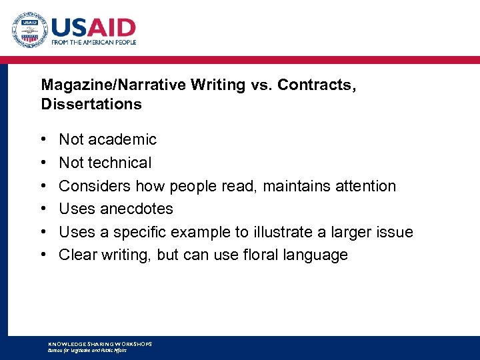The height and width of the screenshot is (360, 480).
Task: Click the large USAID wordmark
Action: click(93, 27)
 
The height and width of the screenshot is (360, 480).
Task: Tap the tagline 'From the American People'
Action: click(93, 42)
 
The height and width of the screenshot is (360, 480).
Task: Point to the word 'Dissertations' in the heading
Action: click(91, 105)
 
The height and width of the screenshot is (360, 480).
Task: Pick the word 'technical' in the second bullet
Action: click(121, 163)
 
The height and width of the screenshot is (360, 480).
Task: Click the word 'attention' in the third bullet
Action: click(363, 186)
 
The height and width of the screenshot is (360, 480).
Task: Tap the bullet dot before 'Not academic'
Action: click(43, 140)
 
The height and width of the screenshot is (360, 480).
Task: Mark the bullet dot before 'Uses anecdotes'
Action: click(43, 209)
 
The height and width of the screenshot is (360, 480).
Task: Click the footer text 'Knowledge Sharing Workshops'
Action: click(100, 344)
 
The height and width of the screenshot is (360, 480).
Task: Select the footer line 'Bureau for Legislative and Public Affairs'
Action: click(87, 350)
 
